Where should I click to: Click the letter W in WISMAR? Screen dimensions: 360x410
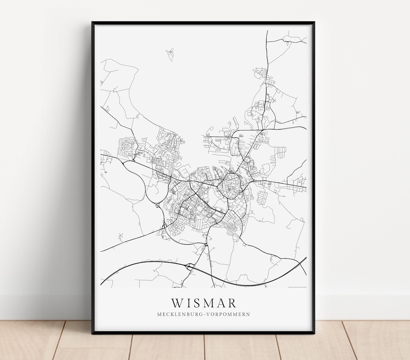coord(177,303)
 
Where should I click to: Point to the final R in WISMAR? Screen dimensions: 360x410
coord(232,303)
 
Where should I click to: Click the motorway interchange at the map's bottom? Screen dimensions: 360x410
coord(189,267)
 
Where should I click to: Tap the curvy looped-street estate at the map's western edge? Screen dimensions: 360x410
coord(126,147)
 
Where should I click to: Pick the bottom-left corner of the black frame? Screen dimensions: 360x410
coord(93,333)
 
